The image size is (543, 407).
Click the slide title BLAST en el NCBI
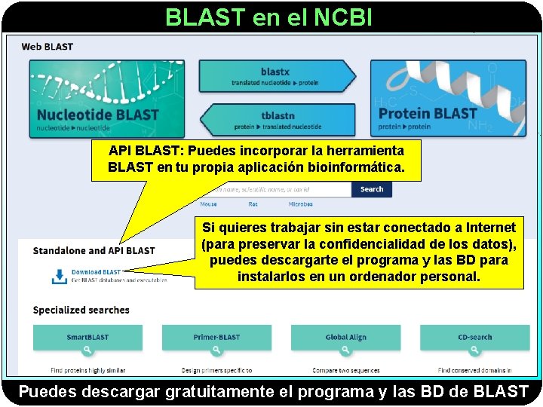(x=268, y=17)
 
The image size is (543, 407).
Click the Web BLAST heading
(x=48, y=47)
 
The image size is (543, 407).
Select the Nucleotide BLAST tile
(x=105, y=99)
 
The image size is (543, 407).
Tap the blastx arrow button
(x=275, y=75)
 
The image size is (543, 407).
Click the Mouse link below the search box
(x=208, y=204)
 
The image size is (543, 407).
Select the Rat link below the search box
(x=253, y=204)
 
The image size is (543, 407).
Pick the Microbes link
(x=300, y=204)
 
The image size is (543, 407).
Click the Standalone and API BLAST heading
(x=94, y=250)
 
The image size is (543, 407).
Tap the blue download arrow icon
(x=59, y=276)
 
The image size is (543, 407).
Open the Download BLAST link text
(x=96, y=272)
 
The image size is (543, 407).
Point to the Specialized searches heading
(x=81, y=310)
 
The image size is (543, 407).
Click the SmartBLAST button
(x=87, y=341)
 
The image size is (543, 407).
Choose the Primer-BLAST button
(x=216, y=341)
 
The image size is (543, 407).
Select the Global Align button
(x=346, y=341)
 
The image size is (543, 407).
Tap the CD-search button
(x=474, y=341)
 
